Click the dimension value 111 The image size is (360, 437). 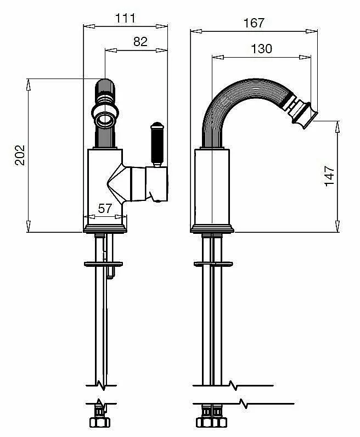[x=125, y=18]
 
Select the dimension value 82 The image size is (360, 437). [x=140, y=42]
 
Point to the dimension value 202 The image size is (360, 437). [x=20, y=155]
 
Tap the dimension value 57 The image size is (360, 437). [x=105, y=209]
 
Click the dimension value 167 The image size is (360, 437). [x=254, y=23]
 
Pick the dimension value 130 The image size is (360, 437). [x=261, y=49]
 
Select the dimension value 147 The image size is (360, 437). [x=329, y=176]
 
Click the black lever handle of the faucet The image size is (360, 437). [x=157, y=144]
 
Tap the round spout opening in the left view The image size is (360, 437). [x=105, y=120]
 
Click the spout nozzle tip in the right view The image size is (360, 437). [x=305, y=116]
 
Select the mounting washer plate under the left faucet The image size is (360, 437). [x=103, y=264]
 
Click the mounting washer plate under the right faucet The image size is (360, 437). [x=213, y=264]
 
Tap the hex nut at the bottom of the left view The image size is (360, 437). [x=100, y=422]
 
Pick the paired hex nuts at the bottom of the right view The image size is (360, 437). [x=211, y=422]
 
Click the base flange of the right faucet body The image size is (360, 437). [x=212, y=228]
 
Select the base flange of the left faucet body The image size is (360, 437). [x=105, y=228]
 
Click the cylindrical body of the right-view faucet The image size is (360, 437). [x=212, y=187]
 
